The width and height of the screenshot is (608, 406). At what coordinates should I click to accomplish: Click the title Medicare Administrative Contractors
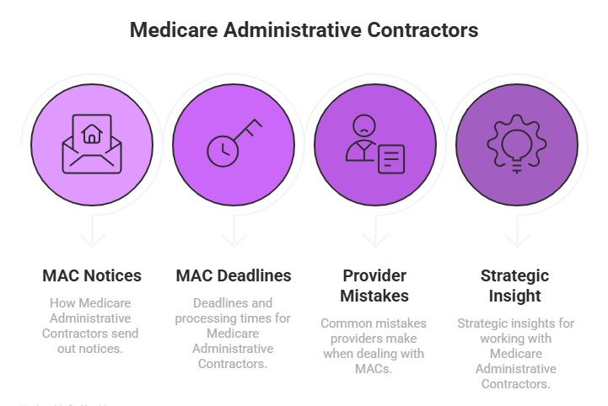(304, 30)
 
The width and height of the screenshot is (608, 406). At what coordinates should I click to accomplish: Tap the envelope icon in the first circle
(91, 145)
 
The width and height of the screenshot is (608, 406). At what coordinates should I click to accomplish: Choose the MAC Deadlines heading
(234, 275)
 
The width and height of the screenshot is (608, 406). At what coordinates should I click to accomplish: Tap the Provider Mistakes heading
(375, 286)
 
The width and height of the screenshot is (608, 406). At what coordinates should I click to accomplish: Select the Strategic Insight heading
(516, 286)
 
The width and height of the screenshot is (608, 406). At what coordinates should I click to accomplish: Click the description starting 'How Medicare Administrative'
(91, 324)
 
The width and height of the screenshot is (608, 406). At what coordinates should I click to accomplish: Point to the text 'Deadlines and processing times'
(234, 333)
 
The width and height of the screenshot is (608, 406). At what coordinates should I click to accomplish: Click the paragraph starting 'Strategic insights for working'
(516, 353)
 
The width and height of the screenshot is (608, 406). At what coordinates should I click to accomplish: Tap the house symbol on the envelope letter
(91, 132)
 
